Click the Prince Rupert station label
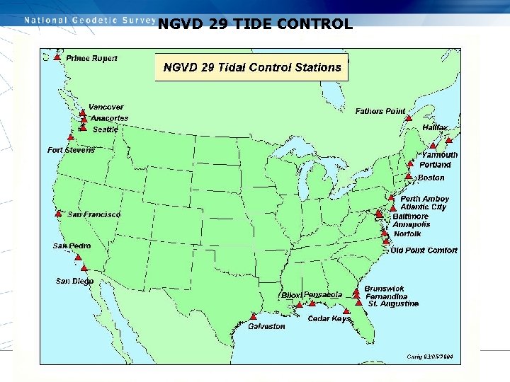91,58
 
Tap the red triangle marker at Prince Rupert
57,57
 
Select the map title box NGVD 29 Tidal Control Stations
252,67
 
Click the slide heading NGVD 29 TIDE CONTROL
255,24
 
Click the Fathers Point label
380,111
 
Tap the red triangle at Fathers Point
409,118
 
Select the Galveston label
266,326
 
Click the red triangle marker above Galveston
254,316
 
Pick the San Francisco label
94,214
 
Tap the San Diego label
74,281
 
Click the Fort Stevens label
71,150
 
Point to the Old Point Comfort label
424,250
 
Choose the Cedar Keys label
329,319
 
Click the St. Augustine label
393,303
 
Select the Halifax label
435,127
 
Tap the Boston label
431,178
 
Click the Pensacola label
323,294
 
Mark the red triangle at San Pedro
79,257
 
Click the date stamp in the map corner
429,356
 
